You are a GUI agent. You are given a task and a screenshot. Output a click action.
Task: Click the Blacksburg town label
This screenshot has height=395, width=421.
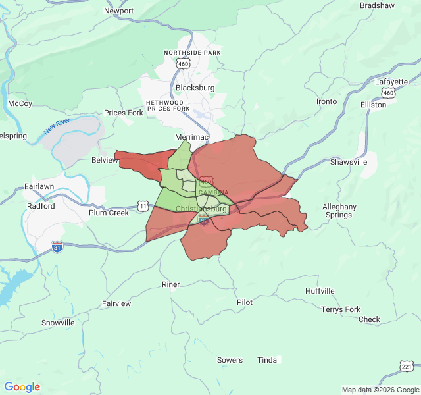pyautogui.click(x=195, y=88)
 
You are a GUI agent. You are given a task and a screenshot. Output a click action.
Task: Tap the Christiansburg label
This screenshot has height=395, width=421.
pyautogui.click(x=201, y=209)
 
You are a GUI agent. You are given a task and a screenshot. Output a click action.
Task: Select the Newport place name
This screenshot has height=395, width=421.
pyautogui.click(x=119, y=11)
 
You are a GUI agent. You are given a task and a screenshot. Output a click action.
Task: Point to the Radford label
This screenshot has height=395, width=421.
pyautogui.click(x=41, y=206)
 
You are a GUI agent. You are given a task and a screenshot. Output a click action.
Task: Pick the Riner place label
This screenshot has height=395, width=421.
pyautogui.click(x=170, y=284)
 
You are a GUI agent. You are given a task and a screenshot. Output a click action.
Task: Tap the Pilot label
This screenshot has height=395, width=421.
pyautogui.click(x=245, y=302)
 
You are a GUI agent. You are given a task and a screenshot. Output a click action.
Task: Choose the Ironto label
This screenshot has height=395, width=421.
pyautogui.click(x=326, y=101)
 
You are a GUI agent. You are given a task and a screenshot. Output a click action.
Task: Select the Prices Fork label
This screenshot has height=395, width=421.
pyautogui.click(x=124, y=113)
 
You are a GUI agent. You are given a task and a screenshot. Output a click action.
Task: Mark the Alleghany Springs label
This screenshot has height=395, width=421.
pyautogui.click(x=339, y=211)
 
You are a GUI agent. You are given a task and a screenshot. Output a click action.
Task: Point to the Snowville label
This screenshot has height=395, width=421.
pyautogui.click(x=58, y=323)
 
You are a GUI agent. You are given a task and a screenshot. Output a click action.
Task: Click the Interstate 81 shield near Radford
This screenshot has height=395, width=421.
pyautogui.click(x=58, y=246)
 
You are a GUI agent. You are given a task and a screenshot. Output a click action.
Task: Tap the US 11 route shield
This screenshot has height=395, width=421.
pyautogui.click(x=143, y=206)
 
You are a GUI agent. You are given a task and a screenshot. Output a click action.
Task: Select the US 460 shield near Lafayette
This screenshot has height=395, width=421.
pyautogui.click(x=389, y=93)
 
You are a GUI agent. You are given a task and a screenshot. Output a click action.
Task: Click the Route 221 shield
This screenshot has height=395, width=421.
pyautogui.click(x=407, y=366)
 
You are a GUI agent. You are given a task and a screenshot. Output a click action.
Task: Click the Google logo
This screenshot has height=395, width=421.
pyautogui.click(x=22, y=387)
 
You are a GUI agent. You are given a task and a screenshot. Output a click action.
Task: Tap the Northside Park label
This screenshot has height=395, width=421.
pyautogui.click(x=192, y=52)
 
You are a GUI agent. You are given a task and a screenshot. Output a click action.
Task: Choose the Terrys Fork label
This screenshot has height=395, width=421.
pyautogui.click(x=341, y=309)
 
